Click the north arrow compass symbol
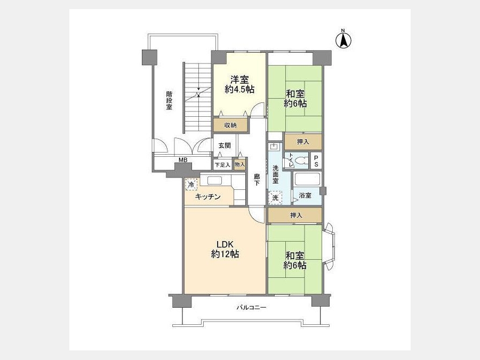(x=343, y=39)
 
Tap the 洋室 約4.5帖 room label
(x=239, y=84)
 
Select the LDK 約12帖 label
(x=225, y=249)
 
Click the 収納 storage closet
(x=230, y=125)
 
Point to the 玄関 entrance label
(x=225, y=146)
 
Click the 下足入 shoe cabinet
(x=222, y=165)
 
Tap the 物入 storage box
(x=239, y=164)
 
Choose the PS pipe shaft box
(x=316, y=161)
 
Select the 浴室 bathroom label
(x=305, y=195)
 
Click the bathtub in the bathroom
(x=307, y=179)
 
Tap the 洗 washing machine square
(x=275, y=197)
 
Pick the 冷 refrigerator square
(x=191, y=185)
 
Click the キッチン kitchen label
(x=208, y=197)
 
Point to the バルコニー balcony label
(x=251, y=307)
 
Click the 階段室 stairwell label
(x=169, y=100)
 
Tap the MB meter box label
(x=183, y=160)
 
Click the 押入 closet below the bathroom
(x=295, y=215)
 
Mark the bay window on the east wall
(x=329, y=247)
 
